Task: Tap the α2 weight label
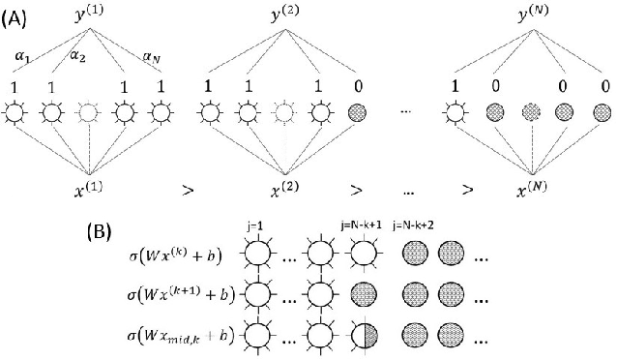[75, 57]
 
